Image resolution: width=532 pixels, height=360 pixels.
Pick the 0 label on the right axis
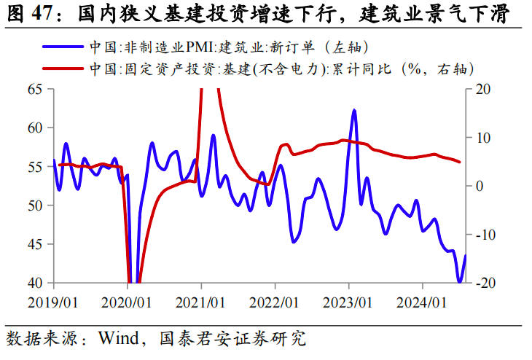click(479, 186)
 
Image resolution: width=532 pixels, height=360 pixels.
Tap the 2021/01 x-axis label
click(200, 300)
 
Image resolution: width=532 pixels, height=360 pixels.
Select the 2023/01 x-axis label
click(348, 300)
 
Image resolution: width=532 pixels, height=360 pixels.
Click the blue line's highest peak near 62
click(354, 110)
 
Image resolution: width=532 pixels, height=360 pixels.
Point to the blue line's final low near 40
click(460, 281)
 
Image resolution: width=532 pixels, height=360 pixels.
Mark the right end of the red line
click(459, 162)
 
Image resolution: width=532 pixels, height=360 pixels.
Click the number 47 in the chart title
click(41, 13)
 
